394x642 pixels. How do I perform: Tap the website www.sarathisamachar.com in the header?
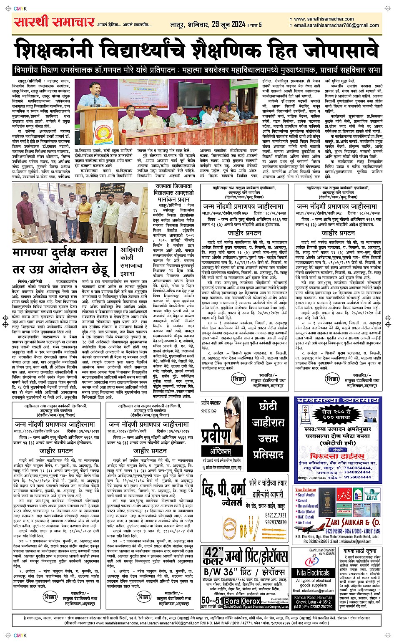click(324, 19)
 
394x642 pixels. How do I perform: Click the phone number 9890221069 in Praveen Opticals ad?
click(209, 411)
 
